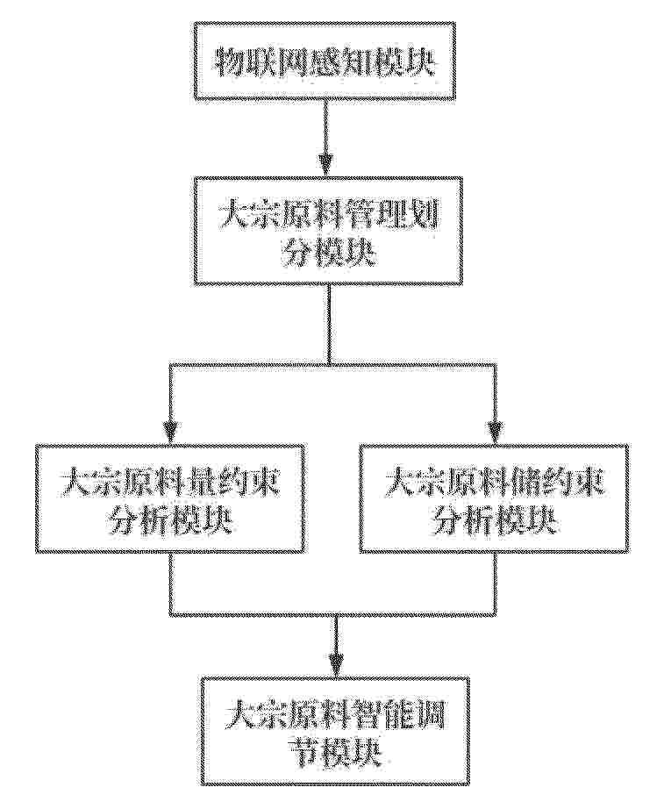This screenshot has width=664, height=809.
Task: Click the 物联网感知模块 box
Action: pyautogui.click(x=325, y=63)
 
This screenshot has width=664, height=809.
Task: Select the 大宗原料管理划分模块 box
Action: pyautogui.click(x=328, y=231)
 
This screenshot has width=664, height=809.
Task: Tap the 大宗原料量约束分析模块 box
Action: pyautogui.click(x=171, y=498)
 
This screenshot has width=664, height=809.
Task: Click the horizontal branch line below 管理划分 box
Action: pyautogui.click(x=332, y=364)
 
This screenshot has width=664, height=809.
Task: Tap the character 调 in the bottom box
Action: pyautogui.click(x=431, y=713)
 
